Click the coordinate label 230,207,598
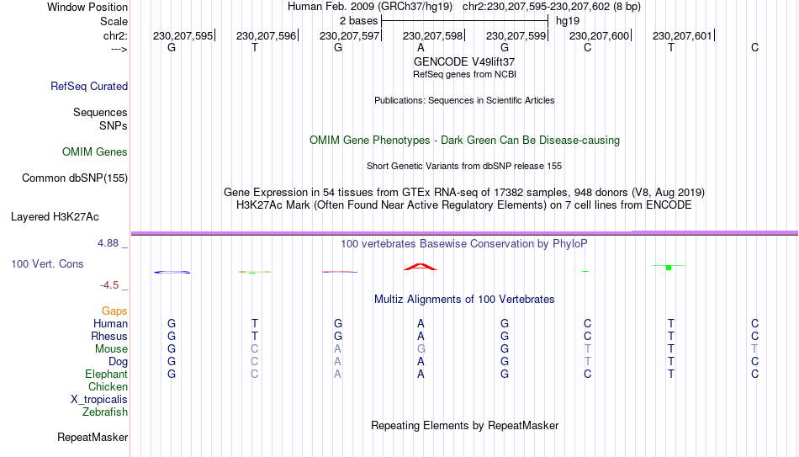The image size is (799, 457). pos(432,35)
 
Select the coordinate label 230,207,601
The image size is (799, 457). pos(682,35)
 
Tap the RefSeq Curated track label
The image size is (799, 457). pos(89,86)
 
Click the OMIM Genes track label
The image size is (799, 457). pos(95,152)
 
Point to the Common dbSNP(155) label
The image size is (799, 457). pos(75,178)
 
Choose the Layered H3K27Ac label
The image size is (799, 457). pos(55,217)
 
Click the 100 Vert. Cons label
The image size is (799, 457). pos(47,263)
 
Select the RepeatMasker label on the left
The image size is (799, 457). pos(93,437)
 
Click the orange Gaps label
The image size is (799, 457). pos(114,311)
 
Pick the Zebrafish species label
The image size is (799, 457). pos(105,412)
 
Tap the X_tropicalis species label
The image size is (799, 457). pos(99,400)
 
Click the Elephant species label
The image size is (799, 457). pos(107,374)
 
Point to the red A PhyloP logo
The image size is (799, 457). pos(421,267)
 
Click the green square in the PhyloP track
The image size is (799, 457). pos(669,268)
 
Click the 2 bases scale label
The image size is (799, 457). pos(359,21)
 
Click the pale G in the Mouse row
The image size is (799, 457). pos(421,349)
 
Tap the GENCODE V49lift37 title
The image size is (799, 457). pos(464,61)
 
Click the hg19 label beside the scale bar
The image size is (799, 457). pos(568,21)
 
